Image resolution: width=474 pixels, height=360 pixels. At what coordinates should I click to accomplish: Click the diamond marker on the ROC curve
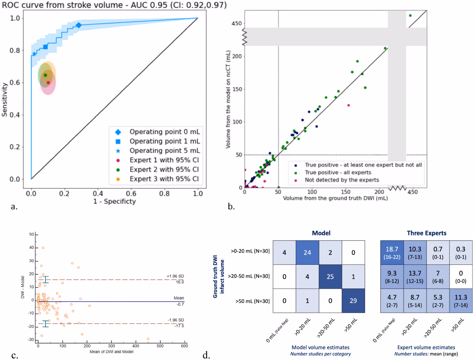click(x=79, y=25)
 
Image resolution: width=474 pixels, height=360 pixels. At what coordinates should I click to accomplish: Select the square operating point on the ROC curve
click(x=45, y=47)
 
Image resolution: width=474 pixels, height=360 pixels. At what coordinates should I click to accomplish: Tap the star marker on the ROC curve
click(x=34, y=54)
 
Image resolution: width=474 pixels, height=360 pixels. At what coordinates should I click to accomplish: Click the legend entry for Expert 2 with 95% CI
click(x=157, y=169)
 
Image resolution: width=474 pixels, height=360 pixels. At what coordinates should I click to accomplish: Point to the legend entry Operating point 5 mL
click(x=157, y=150)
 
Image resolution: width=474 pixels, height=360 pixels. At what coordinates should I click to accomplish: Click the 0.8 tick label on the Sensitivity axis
click(x=15, y=51)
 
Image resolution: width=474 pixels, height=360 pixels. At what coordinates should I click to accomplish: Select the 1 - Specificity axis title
click(x=115, y=201)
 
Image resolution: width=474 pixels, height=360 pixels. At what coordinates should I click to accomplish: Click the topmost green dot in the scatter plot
click(x=410, y=15)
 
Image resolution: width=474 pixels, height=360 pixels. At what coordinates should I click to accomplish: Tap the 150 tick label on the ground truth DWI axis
click(x=346, y=192)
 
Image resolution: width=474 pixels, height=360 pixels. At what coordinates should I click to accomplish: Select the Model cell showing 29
click(x=353, y=301)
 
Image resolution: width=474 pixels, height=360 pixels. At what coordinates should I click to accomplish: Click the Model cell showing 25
click(x=330, y=277)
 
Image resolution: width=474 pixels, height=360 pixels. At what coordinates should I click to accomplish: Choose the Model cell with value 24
click(x=307, y=253)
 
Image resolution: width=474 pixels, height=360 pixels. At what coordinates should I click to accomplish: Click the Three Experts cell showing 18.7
click(x=392, y=253)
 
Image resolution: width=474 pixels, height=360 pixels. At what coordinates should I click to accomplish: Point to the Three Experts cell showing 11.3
click(x=461, y=301)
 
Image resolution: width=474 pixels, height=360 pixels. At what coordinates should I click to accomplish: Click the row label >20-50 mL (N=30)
click(x=249, y=276)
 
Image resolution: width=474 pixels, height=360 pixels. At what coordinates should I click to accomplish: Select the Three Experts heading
click(x=427, y=233)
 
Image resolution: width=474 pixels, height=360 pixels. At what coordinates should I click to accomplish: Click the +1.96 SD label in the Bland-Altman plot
click(x=175, y=276)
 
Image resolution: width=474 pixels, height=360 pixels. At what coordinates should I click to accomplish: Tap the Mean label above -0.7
click(x=179, y=298)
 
